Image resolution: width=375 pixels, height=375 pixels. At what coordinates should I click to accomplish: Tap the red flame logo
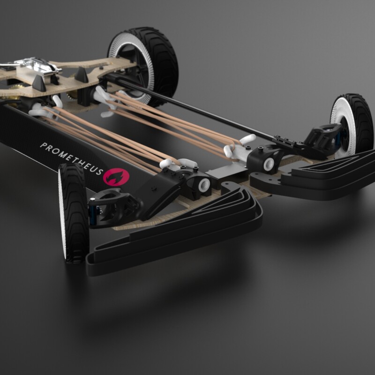coord(116,177)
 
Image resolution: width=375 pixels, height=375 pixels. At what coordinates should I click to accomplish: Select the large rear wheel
coord(143,66)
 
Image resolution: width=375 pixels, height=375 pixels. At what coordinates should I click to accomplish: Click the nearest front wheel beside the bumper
coord(74,213)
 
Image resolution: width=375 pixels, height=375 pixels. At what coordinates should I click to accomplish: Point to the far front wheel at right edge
coord(351,124)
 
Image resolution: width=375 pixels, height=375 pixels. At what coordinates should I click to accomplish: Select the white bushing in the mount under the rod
coord(269,164)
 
